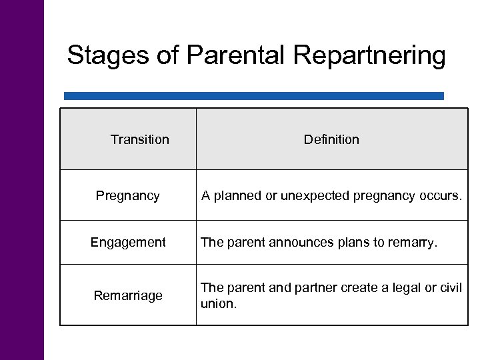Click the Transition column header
pyautogui.click(x=140, y=139)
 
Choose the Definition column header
pyautogui.click(x=331, y=139)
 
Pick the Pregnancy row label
pyautogui.click(x=128, y=196)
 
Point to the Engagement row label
pyautogui.click(x=128, y=243)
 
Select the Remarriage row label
pyautogui.click(x=128, y=295)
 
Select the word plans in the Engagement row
pyautogui.click(x=354, y=243)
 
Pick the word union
pyautogui.click(x=218, y=303)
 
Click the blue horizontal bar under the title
pyautogui.click(x=253, y=96)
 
